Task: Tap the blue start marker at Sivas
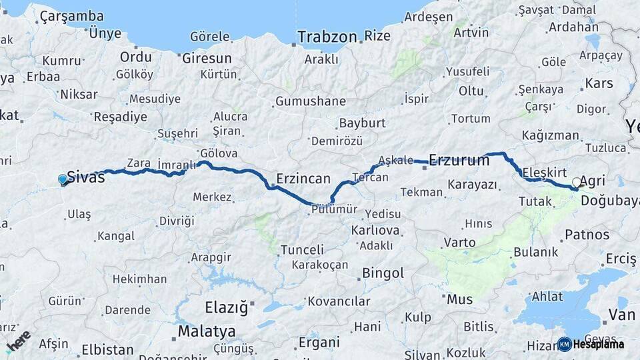coord(63,179)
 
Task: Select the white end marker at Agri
coord(577,182)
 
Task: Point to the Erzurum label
coord(459,160)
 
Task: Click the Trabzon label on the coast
coord(327,37)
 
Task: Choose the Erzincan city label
coord(303,179)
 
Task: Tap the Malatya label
coord(206,331)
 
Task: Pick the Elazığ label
coord(226,308)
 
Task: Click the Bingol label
coord(383,273)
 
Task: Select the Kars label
coord(598,83)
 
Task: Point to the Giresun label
coord(207,58)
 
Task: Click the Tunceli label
coord(302,250)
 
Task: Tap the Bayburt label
coord(362,123)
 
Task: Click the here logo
coord(18,341)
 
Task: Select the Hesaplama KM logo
coord(591,344)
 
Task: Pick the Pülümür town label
coord(334,209)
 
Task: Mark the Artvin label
coord(471,31)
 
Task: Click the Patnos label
coord(587,235)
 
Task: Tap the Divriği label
coord(176,221)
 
